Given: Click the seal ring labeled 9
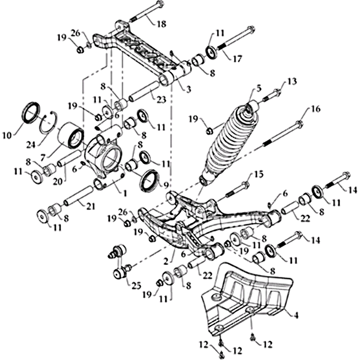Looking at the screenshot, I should pos(150,180).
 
